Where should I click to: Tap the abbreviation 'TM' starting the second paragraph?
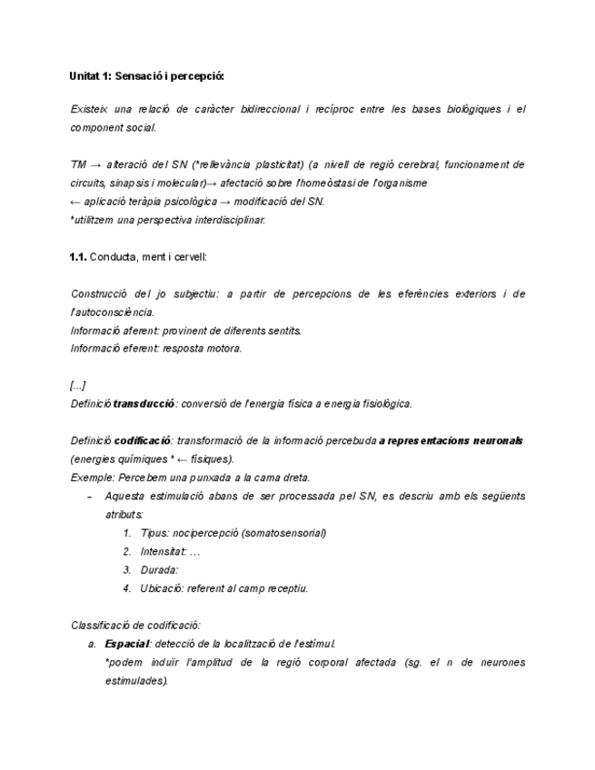78,165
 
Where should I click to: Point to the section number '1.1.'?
78,257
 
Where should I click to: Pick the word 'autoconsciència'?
114,312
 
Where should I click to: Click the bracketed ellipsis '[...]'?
78,385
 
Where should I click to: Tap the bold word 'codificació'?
144,440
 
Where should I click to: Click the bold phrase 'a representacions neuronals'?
451,440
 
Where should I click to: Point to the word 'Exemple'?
89,478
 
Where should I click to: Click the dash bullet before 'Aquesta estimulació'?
88,497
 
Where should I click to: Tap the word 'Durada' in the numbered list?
159,569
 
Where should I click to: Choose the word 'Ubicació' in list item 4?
163,588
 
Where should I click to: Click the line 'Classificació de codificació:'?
135,625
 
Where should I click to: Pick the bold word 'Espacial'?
127,644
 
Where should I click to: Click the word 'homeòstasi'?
310,183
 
